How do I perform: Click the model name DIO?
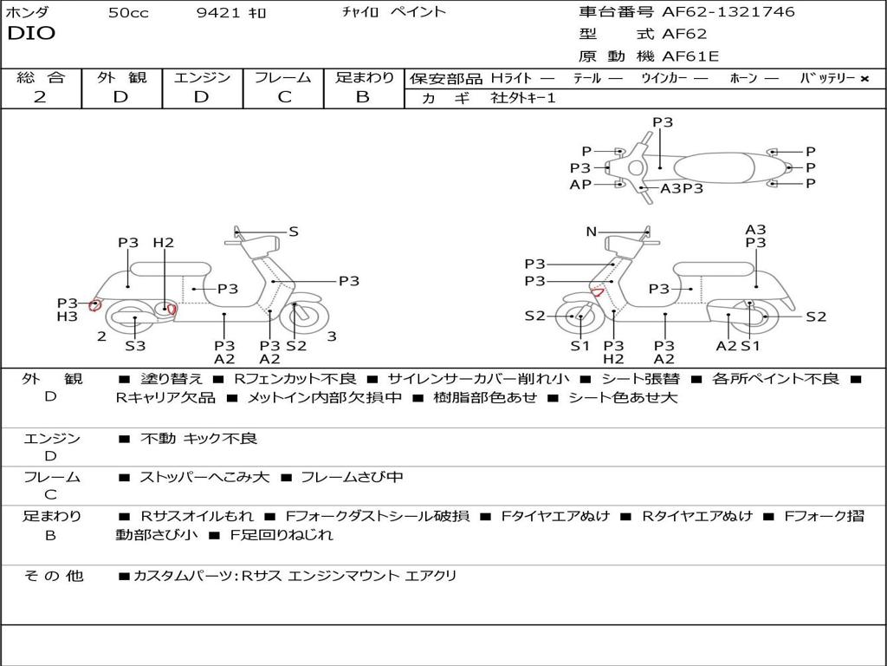[31, 34]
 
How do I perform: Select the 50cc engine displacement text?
[128, 13]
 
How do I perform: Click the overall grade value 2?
[40, 97]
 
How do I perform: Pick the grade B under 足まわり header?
[363, 97]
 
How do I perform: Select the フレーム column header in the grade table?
[283, 78]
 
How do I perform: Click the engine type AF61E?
[690, 57]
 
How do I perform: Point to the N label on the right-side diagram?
[592, 232]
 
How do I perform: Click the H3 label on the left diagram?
[68, 317]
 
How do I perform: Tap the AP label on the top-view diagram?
[580, 185]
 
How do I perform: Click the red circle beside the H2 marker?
[172, 309]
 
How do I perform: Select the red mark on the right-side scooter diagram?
[597, 292]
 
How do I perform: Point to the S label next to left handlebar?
[294, 232]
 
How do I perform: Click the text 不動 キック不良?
[198, 439]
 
